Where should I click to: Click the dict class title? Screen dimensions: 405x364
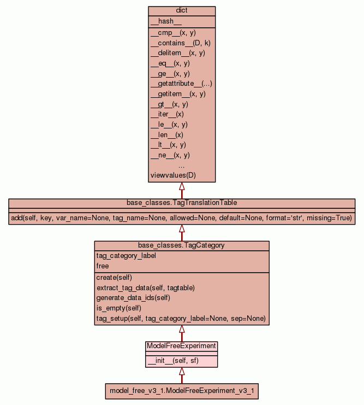tap(182, 11)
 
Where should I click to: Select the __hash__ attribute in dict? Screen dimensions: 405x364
tap(162, 21)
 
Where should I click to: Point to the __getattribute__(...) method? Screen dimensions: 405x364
tap(181, 84)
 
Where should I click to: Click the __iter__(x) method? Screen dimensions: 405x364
tap(167, 114)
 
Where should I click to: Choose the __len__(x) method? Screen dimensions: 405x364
tap(166, 134)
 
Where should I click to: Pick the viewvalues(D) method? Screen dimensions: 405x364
tap(172, 175)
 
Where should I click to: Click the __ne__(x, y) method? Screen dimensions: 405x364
tap(170, 155)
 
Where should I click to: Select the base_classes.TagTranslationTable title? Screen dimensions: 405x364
tap(182, 203)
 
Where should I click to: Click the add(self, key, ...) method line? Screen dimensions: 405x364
tap(182, 218)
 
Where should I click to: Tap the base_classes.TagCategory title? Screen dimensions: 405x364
tap(182, 245)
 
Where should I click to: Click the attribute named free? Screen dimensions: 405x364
tap(103, 266)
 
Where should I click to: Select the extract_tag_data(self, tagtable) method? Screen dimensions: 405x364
tap(145, 287)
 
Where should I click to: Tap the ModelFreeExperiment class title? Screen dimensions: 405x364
tap(182, 346)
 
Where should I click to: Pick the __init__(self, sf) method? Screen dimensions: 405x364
tap(171, 361)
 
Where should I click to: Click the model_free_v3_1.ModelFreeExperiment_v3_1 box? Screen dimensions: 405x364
tap(182, 391)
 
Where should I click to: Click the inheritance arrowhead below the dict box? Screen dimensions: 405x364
tap(182, 186)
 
